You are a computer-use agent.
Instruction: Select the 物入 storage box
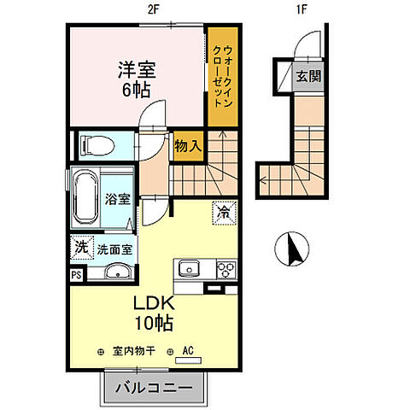[x=189, y=145]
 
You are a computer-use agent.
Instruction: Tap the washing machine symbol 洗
[x=79, y=249]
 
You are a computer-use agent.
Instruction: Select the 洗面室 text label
[x=113, y=250]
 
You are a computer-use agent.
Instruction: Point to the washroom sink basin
[x=114, y=273]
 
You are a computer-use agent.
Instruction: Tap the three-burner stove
[x=227, y=271]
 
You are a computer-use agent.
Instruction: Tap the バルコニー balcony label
[x=157, y=387]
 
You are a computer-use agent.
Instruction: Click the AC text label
[x=189, y=350]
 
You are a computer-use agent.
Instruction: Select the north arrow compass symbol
[x=290, y=250]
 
